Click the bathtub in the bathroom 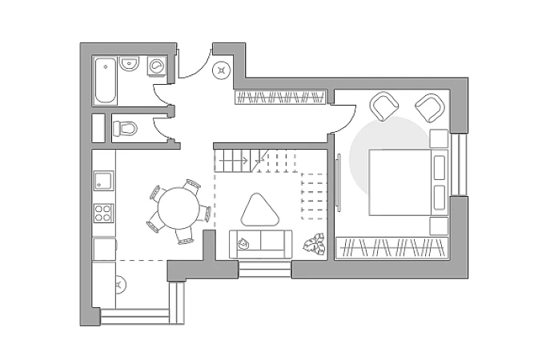tap(106, 81)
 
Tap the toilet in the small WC tap(125, 128)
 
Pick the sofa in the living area tap(261, 243)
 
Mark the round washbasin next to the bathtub tap(130, 63)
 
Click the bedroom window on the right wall tap(460, 165)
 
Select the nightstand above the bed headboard tap(437, 139)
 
